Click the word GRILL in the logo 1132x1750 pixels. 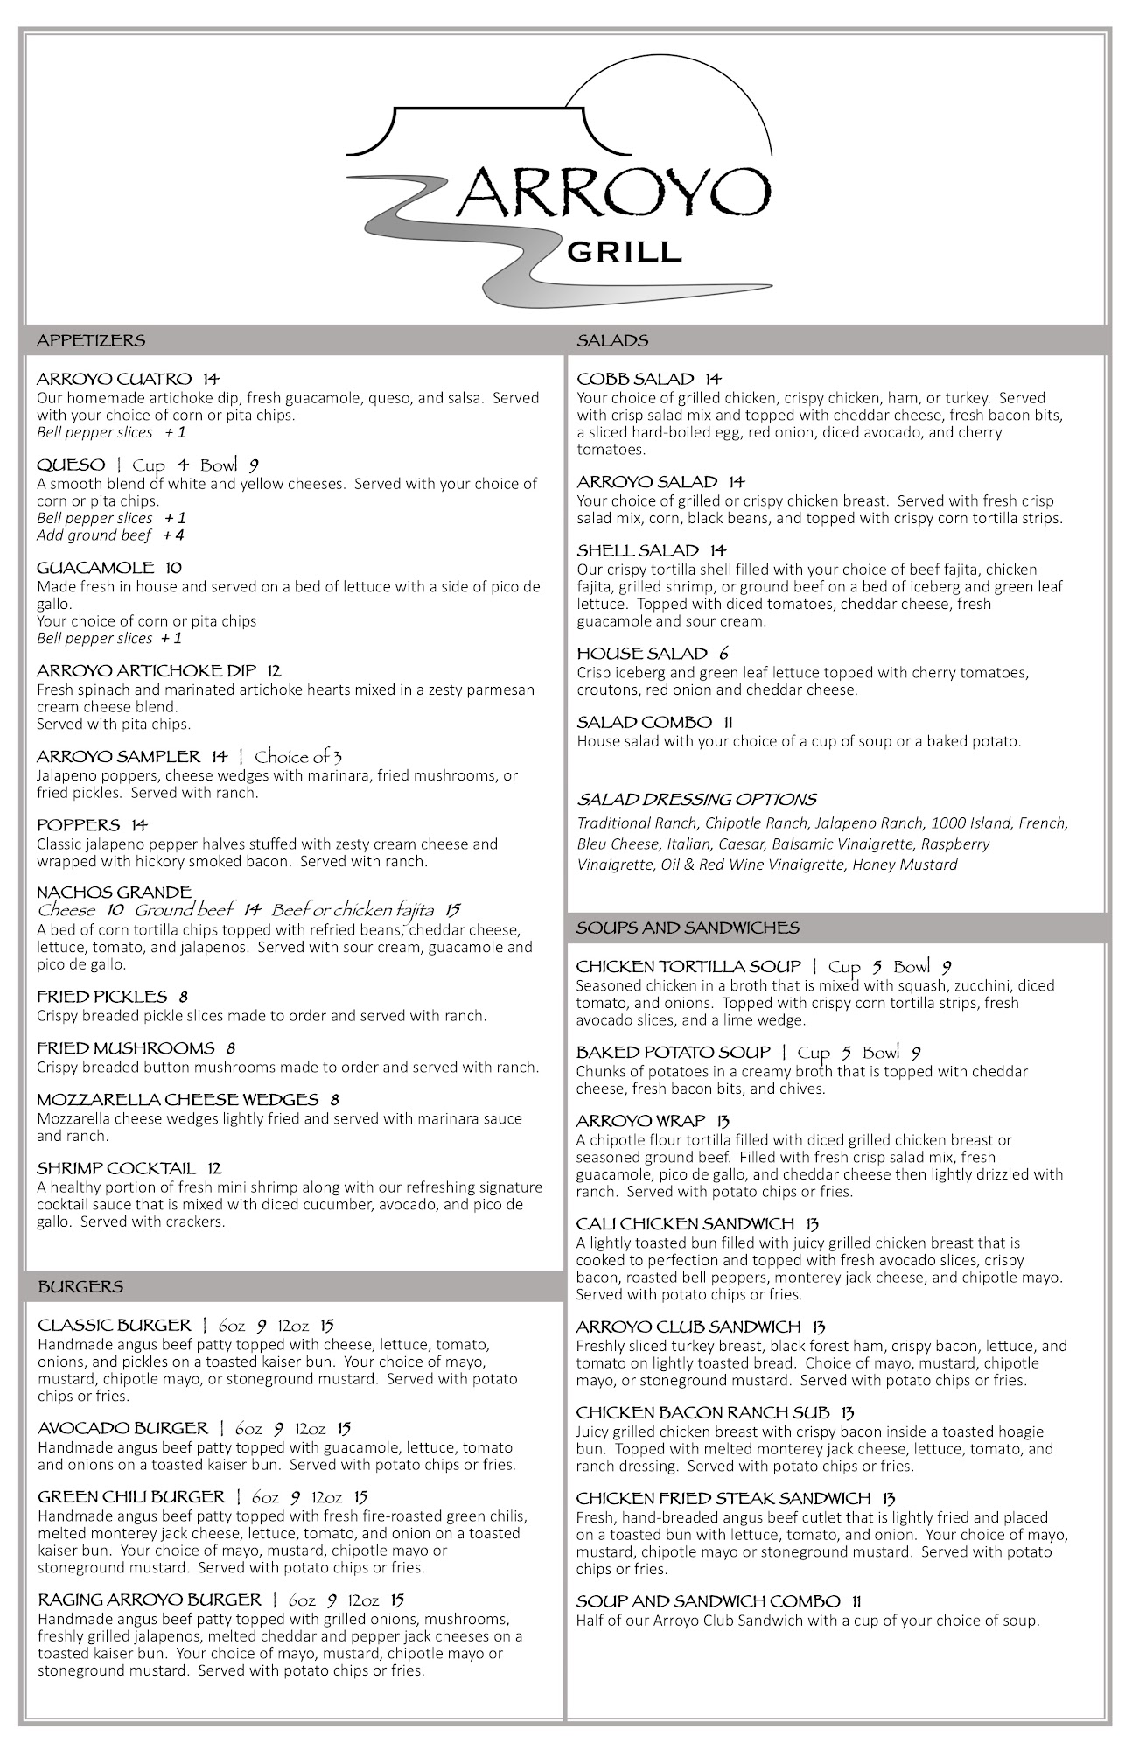click(624, 253)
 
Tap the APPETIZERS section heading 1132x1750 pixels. click(91, 340)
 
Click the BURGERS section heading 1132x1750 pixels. click(80, 1286)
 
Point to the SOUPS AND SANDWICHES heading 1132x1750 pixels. click(688, 927)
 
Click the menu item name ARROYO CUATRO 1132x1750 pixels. click(114, 379)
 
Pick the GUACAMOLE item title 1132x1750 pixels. click(96, 568)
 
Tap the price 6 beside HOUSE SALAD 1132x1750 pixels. click(723, 654)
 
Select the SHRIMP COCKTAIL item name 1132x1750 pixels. click(117, 1168)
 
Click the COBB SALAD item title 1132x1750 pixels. click(635, 379)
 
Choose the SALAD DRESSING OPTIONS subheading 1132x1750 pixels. click(696, 799)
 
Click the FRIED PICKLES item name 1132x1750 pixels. click(101, 997)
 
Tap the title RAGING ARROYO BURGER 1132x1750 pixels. click(150, 1599)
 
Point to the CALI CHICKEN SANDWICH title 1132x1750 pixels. click(685, 1223)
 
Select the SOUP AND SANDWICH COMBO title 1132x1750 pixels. click(708, 1601)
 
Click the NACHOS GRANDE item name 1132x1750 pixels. click(114, 892)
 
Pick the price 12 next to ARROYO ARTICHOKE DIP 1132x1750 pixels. click(274, 671)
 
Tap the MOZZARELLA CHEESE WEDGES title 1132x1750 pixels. click(178, 1100)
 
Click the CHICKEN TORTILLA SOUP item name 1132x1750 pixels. click(688, 966)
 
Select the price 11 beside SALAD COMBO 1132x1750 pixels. click(728, 722)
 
